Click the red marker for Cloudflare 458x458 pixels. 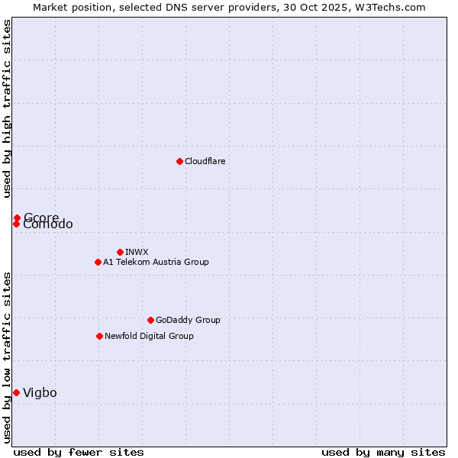point(179,161)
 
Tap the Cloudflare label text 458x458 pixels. point(205,161)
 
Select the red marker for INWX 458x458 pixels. point(120,252)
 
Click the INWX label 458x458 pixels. point(137,252)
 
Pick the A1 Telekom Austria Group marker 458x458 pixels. point(98,262)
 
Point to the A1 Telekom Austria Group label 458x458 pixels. point(156,262)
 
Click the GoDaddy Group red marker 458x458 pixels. point(150,320)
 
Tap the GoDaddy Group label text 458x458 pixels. point(187,320)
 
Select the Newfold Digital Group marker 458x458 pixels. point(99,336)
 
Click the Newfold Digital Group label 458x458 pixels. point(149,336)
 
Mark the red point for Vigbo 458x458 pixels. point(16,392)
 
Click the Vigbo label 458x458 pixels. point(40,392)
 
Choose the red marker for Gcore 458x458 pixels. point(17,218)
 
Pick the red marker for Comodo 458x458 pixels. point(16,224)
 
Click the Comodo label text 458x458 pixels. point(48,224)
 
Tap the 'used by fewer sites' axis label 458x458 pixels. point(79,452)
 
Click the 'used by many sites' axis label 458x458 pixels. point(383,452)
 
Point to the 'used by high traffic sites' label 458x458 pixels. point(7,108)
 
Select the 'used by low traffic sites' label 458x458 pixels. point(7,356)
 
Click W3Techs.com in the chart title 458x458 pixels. point(394,7)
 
